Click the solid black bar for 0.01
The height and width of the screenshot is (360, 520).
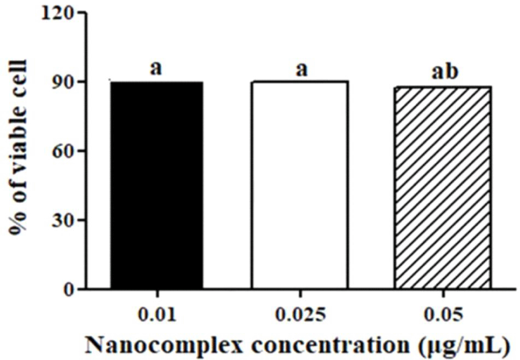tap(157, 185)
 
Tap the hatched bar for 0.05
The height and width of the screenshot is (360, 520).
tap(442, 188)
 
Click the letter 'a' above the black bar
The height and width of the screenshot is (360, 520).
tap(157, 68)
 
